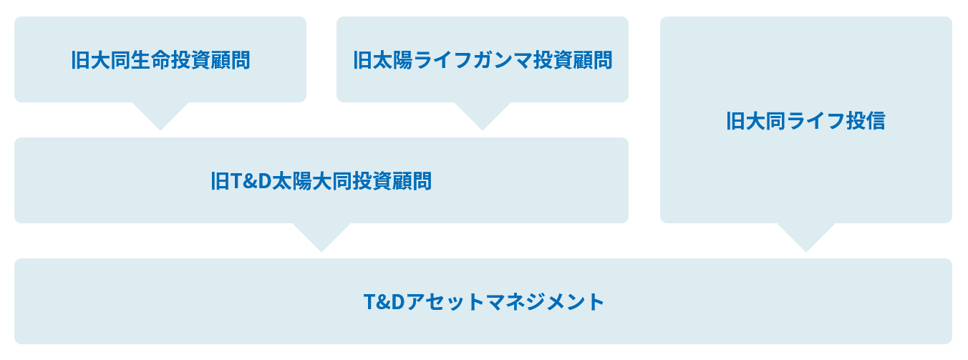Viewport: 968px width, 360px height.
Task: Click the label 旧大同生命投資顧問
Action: pos(160,60)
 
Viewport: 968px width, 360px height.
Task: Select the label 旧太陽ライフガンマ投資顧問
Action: pos(483,60)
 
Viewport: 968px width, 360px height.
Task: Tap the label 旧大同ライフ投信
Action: pos(805,120)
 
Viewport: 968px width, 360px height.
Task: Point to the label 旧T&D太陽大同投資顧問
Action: pos(321,181)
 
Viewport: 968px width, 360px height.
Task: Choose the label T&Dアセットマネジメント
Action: pos(483,301)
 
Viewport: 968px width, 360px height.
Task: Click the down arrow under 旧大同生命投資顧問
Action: pos(160,116)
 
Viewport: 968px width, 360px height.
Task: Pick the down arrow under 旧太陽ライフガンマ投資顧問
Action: pos(483,116)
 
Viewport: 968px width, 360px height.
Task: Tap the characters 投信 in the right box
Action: pos(866,120)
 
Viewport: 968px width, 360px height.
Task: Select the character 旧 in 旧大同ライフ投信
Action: pos(736,120)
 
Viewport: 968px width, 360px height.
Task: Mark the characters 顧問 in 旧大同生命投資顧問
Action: pos(231,60)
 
